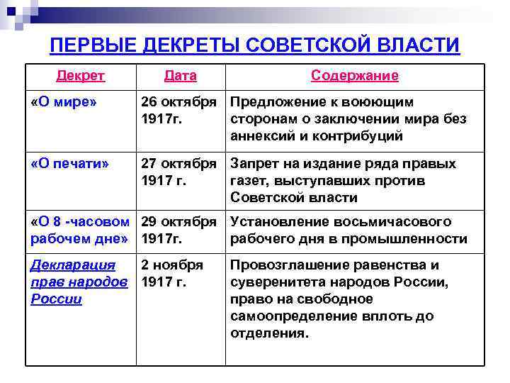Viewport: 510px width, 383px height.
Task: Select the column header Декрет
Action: [x=81, y=75]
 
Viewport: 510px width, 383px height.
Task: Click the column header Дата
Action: [x=180, y=75]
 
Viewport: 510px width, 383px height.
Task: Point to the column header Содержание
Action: [x=354, y=75]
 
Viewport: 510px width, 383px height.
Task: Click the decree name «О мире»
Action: [x=64, y=102]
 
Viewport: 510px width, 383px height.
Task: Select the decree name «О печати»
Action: [x=70, y=164]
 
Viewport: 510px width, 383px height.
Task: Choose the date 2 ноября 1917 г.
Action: [x=172, y=274]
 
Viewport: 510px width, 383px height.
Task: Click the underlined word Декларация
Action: [x=73, y=265]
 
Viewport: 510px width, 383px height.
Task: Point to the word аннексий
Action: [x=264, y=136]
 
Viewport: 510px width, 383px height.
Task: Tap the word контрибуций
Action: [x=362, y=136]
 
